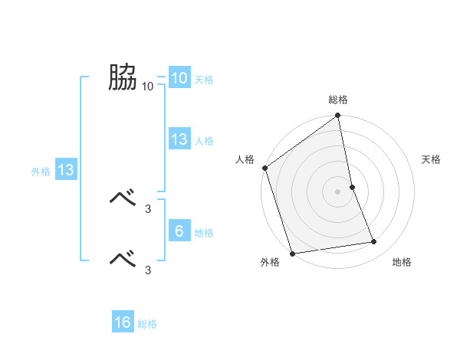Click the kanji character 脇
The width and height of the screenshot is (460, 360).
click(x=122, y=78)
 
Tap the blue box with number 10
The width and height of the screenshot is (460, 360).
click(x=179, y=78)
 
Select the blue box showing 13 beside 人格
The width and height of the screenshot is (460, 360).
click(x=179, y=139)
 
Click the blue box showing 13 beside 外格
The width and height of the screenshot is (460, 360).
click(x=66, y=171)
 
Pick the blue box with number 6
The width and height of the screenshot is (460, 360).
click(x=179, y=231)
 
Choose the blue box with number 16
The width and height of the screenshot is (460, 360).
click(x=123, y=322)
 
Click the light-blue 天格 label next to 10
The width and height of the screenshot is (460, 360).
click(x=204, y=80)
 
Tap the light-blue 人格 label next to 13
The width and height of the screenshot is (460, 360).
click(x=204, y=141)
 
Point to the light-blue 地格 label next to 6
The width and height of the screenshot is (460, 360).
click(x=204, y=233)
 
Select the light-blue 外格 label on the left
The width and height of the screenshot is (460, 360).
click(x=41, y=172)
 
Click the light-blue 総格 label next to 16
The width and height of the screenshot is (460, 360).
click(x=147, y=324)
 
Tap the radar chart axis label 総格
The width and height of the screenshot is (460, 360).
click(x=338, y=100)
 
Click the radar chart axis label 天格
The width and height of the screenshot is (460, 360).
click(x=431, y=159)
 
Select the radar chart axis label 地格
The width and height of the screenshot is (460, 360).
click(x=402, y=263)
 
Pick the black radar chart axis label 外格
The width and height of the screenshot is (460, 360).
click(x=270, y=263)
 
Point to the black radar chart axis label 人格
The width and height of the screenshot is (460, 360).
click(x=245, y=159)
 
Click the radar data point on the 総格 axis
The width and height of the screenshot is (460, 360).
click(x=338, y=116)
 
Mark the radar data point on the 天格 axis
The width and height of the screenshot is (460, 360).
click(x=352, y=187)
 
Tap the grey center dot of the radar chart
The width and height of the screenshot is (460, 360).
click(x=337, y=191)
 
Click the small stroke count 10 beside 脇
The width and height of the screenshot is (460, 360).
click(x=148, y=86)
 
